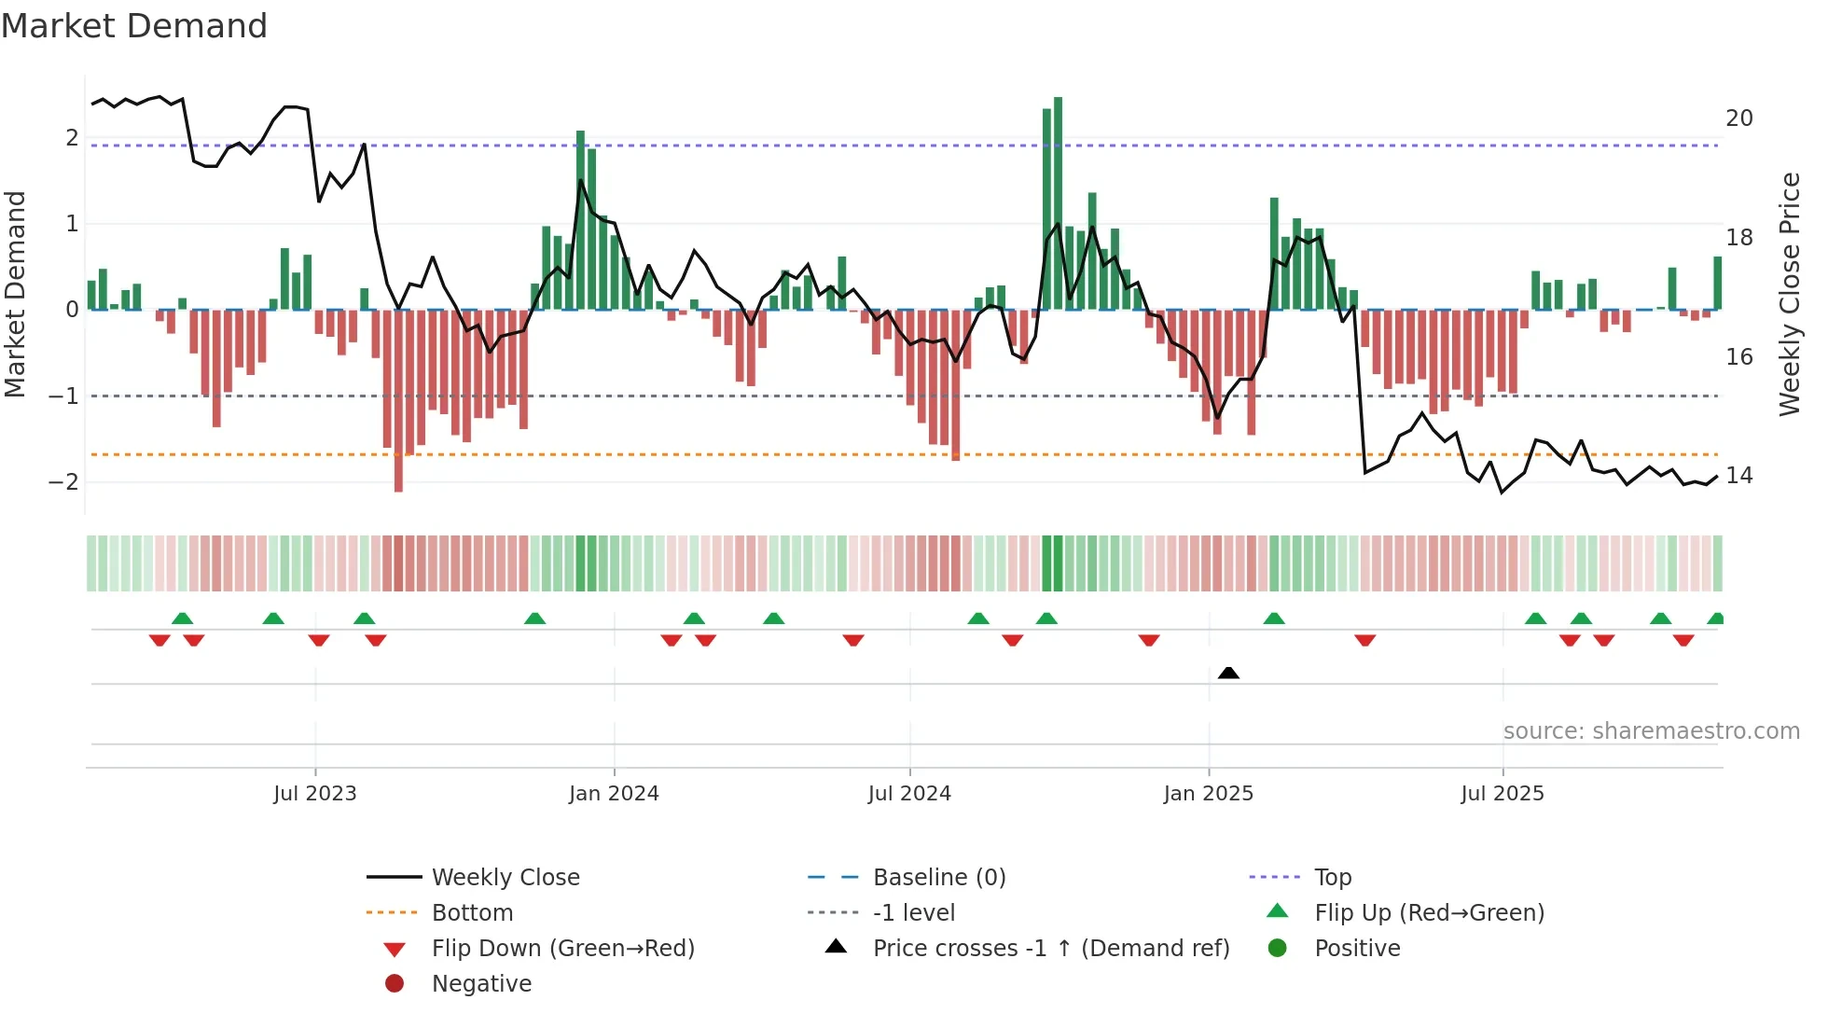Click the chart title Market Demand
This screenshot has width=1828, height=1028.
coord(134,26)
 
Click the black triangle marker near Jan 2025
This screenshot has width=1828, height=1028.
coord(1228,673)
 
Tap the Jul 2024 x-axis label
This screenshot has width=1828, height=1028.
coord(909,794)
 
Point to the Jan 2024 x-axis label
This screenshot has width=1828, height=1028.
coord(614,794)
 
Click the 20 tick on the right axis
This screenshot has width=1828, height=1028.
coord(1738,118)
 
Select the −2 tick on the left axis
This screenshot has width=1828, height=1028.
coord(63,482)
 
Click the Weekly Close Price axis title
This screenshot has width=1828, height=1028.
coord(1789,294)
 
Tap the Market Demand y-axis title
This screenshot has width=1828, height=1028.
coord(16,294)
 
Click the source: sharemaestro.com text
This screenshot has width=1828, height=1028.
coord(1651,731)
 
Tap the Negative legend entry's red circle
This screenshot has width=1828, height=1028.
coord(395,984)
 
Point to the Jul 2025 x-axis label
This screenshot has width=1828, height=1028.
coord(1503,794)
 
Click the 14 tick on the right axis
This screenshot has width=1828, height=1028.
coord(1738,476)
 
